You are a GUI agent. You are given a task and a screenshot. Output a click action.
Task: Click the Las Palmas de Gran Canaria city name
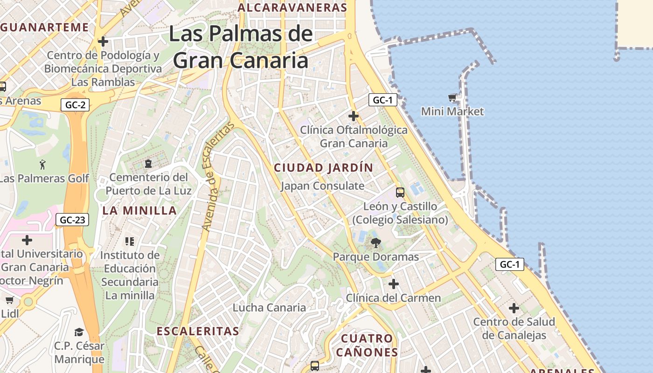point(241,47)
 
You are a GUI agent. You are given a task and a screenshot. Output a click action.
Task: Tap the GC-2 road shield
point(75,105)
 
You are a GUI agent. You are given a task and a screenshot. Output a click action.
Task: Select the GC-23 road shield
point(72,220)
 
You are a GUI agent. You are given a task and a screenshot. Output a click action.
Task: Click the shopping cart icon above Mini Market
point(452,97)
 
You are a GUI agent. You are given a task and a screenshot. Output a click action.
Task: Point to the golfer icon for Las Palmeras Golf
point(43,165)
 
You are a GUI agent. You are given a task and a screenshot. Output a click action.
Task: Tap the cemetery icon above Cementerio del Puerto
point(148,164)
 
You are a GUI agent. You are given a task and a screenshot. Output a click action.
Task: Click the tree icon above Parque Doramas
point(375,243)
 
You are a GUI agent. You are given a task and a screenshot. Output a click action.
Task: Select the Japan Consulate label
point(322,186)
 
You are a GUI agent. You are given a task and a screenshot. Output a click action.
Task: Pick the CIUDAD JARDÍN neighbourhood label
point(323,168)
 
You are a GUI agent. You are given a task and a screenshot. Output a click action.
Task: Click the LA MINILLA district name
point(139,211)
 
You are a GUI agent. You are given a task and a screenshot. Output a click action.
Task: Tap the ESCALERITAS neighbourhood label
point(198,332)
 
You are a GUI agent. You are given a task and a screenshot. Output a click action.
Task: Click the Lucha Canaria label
point(269,308)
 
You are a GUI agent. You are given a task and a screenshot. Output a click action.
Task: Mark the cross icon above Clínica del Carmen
point(394,283)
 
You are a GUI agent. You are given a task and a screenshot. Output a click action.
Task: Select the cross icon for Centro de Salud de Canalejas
point(514,308)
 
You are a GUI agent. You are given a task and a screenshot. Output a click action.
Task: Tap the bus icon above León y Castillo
point(400,192)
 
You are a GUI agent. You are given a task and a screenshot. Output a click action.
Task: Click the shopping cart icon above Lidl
point(9,300)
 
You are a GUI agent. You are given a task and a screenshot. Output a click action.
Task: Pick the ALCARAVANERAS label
point(292,8)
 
